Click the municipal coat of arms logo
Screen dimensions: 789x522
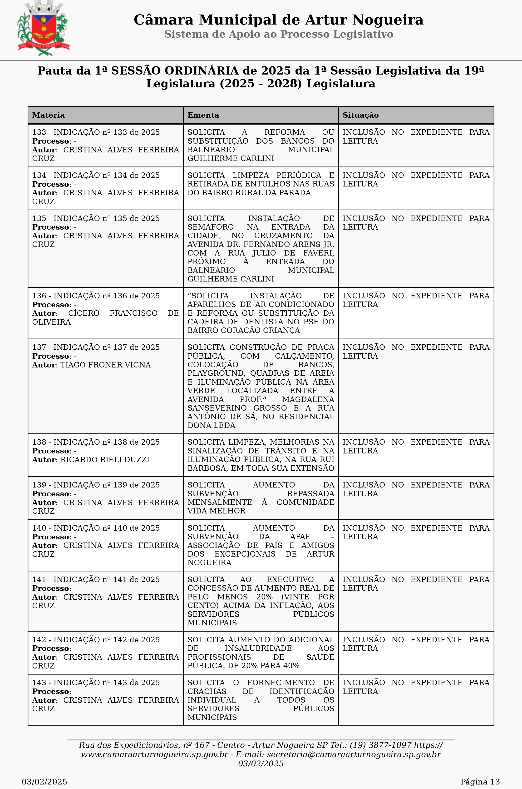click(43, 29)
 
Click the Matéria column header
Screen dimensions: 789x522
click(48, 115)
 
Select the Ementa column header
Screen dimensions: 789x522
click(203, 115)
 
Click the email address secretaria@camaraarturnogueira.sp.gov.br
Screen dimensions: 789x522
click(354, 754)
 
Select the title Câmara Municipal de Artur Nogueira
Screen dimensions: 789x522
click(278, 20)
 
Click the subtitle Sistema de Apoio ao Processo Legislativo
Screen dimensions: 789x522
click(279, 34)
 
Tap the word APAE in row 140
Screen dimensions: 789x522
click(300, 537)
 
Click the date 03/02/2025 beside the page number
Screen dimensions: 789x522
click(44, 782)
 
